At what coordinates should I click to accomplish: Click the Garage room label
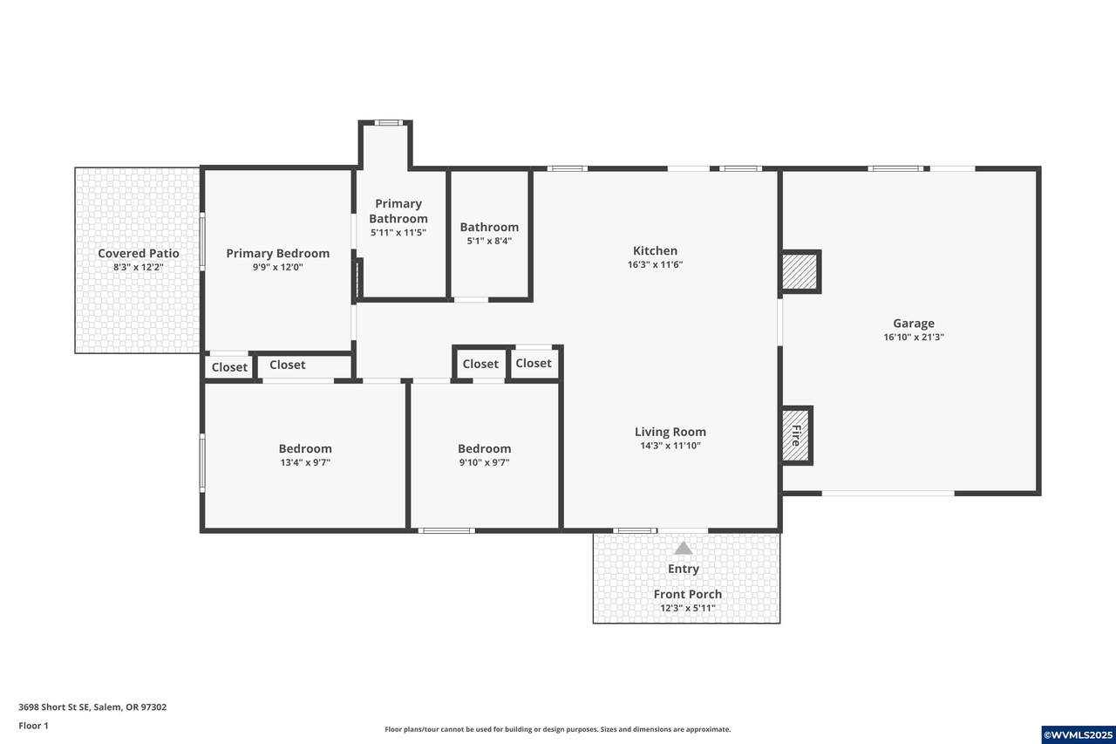click(x=913, y=324)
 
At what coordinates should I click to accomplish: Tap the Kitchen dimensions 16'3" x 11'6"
click(x=655, y=264)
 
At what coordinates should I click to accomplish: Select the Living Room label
click(x=670, y=432)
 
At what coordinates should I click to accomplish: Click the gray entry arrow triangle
click(x=683, y=548)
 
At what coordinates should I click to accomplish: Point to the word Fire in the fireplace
click(x=796, y=435)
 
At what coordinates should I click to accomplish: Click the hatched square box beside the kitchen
click(x=800, y=271)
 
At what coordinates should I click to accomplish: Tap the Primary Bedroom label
click(x=277, y=253)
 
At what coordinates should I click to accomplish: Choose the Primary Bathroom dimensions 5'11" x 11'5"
click(x=398, y=232)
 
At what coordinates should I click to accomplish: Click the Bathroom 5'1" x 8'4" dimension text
click(x=489, y=242)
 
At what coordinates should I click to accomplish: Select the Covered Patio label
click(x=139, y=253)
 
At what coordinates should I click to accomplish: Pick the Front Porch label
click(x=688, y=594)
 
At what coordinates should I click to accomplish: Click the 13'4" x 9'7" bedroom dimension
click(x=305, y=462)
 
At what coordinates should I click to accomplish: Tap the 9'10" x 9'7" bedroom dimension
click(x=484, y=462)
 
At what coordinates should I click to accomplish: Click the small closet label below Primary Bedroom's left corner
click(x=229, y=367)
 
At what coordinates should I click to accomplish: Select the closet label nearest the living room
click(x=533, y=364)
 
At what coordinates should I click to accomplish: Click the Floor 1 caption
click(x=33, y=726)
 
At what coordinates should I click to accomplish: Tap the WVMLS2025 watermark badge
click(x=1079, y=735)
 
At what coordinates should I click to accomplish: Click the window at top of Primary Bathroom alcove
click(x=389, y=123)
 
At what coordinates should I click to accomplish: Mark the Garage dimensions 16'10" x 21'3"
click(x=914, y=338)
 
